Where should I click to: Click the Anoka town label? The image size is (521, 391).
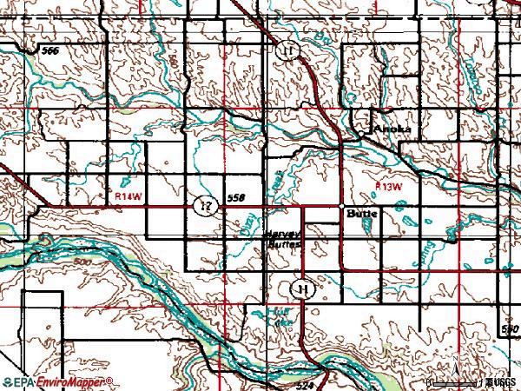392,129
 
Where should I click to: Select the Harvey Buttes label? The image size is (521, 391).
283,240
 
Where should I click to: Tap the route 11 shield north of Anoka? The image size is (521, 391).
289,52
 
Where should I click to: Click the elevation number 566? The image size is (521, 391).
50,52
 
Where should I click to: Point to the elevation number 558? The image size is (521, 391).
235,199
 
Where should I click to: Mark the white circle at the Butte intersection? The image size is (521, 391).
342,207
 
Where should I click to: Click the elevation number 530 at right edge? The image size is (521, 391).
511,329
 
